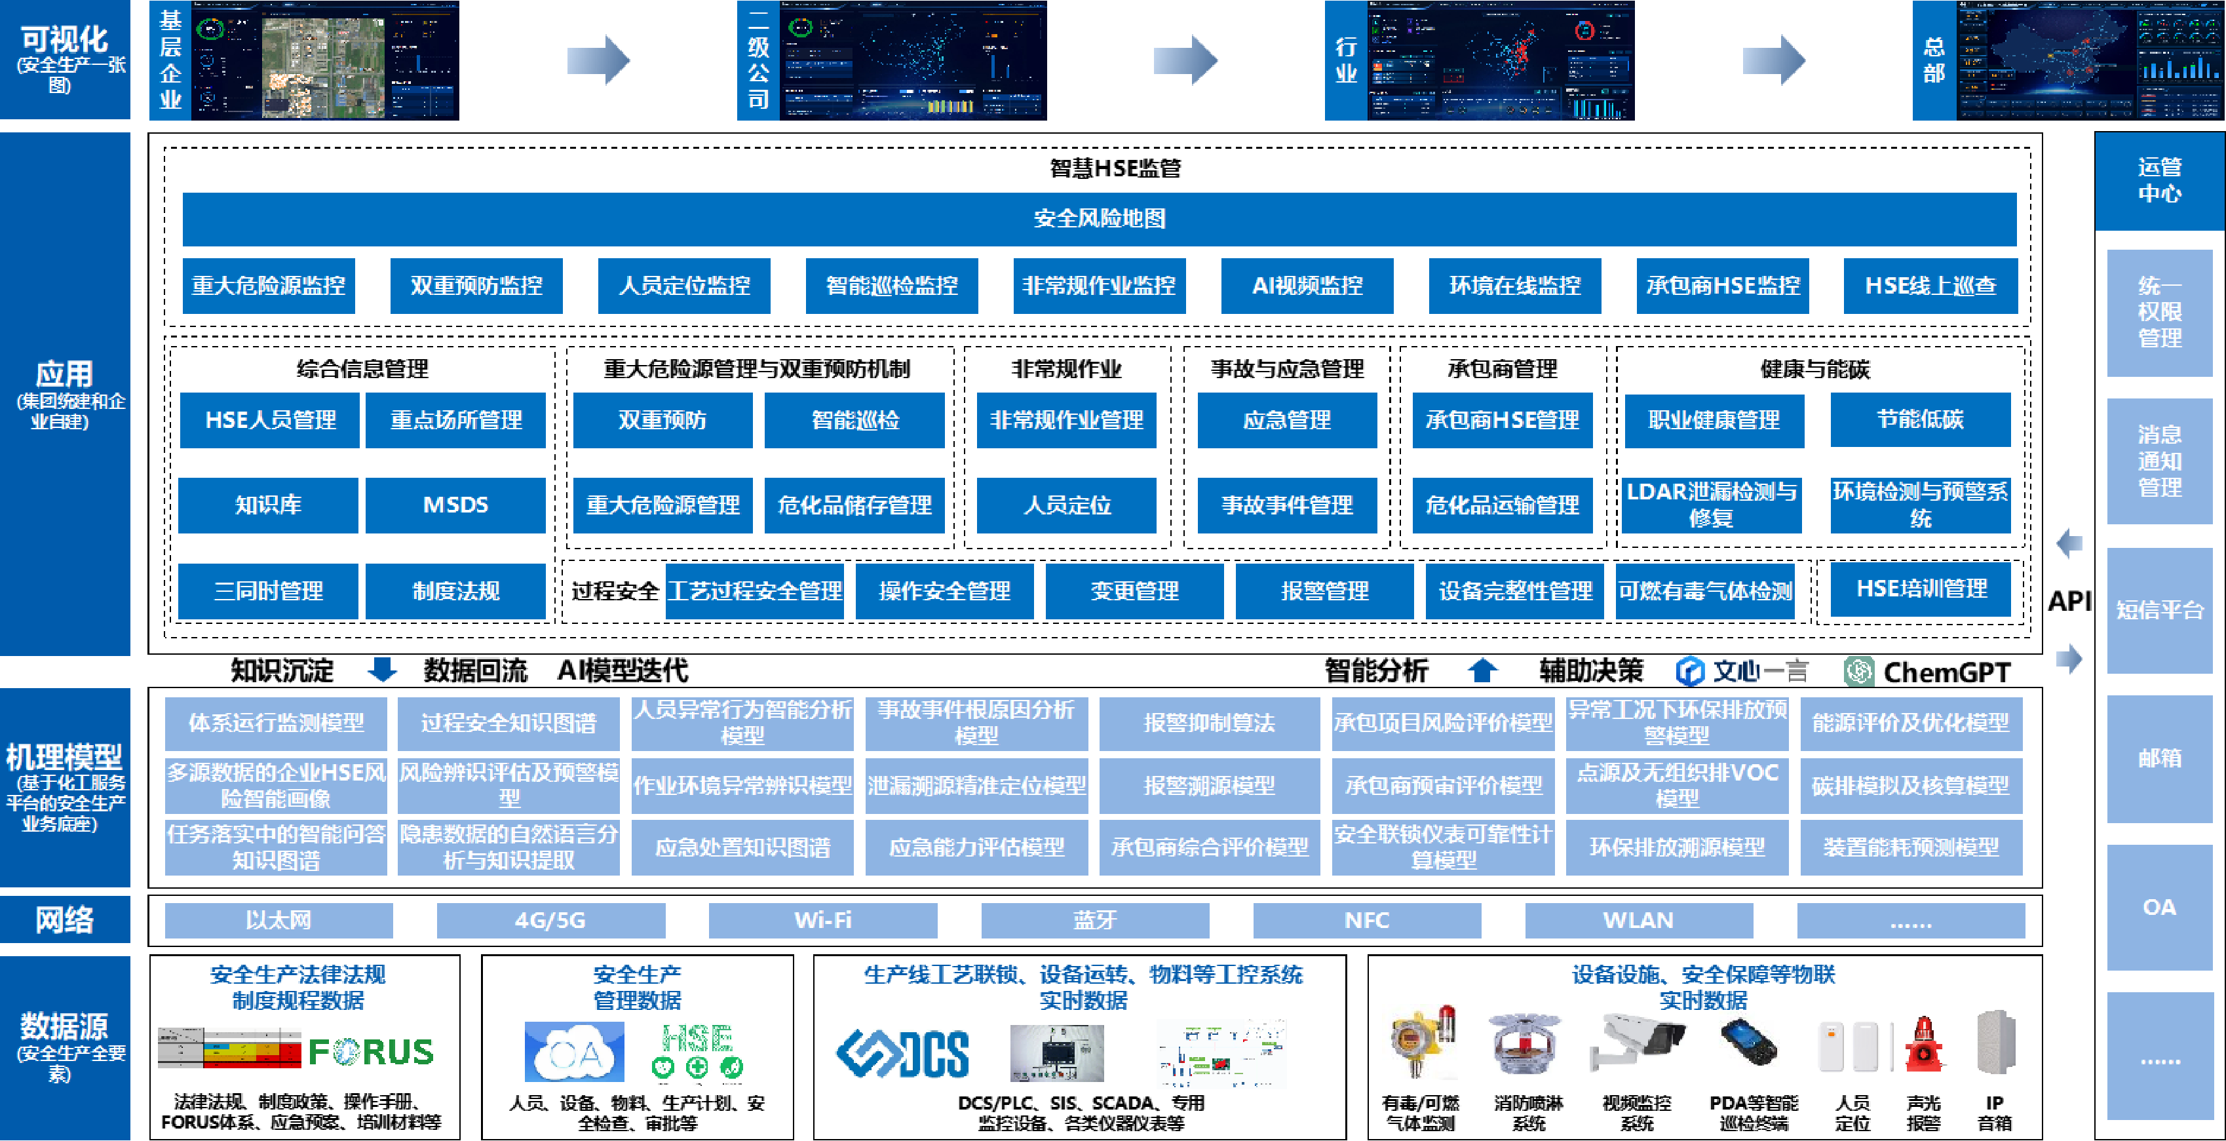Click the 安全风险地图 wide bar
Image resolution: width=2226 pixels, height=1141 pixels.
coord(1099,219)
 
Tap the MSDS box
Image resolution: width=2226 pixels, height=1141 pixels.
coord(455,505)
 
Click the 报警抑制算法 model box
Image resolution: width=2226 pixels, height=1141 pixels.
coord(1209,723)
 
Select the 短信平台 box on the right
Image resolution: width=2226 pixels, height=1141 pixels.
coord(2159,610)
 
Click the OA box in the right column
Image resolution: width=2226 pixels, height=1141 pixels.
coord(2159,907)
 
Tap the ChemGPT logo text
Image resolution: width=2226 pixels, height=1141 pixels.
coord(1946,672)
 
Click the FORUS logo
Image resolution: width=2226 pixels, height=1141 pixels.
coord(371,1051)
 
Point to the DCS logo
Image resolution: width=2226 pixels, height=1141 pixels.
coord(903,1054)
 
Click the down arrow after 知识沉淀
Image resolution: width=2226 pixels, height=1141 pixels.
coord(382,670)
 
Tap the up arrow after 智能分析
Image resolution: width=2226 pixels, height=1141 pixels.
coord(1483,670)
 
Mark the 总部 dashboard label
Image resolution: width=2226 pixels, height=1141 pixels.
coord(1934,60)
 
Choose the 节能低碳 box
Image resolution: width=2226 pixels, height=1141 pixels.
coord(1920,420)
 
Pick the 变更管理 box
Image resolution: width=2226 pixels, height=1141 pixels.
coord(1134,591)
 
